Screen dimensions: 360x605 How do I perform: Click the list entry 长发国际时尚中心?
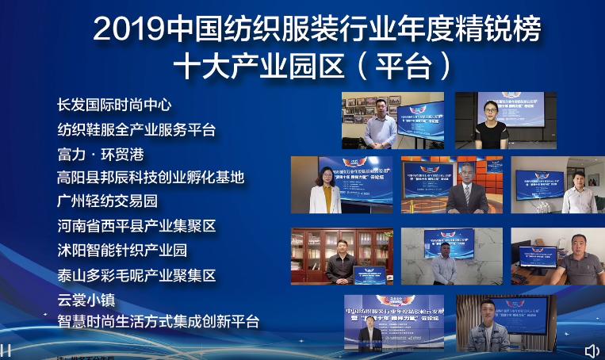click(114, 105)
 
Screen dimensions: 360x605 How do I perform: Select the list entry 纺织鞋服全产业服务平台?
click(136, 129)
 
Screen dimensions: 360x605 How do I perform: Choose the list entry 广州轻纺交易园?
click(107, 201)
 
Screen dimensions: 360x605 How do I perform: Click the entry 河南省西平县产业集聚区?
click(136, 226)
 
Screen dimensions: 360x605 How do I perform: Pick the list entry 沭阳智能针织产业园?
click(122, 251)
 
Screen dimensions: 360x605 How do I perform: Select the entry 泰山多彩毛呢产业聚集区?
click(136, 275)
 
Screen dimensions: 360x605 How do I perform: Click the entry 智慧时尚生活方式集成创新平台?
click(158, 321)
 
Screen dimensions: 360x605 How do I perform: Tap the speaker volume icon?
click(592, 350)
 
